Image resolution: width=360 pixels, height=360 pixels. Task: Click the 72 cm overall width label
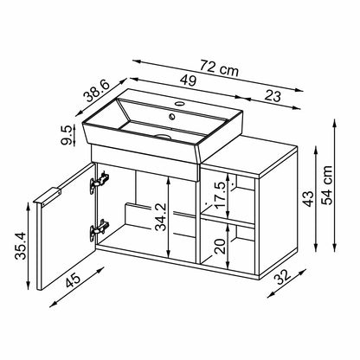click(x=220, y=68)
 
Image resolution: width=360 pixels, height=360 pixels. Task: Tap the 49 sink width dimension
click(x=188, y=80)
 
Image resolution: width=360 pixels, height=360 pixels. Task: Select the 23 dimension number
click(x=273, y=96)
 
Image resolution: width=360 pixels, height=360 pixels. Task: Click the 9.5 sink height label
click(x=66, y=135)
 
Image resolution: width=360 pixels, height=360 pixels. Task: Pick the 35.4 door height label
click(x=21, y=246)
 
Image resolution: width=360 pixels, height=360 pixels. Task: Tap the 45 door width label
click(x=73, y=280)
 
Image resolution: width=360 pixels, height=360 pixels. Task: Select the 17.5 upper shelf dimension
click(x=220, y=195)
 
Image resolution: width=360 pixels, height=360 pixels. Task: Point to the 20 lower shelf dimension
click(x=220, y=246)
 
